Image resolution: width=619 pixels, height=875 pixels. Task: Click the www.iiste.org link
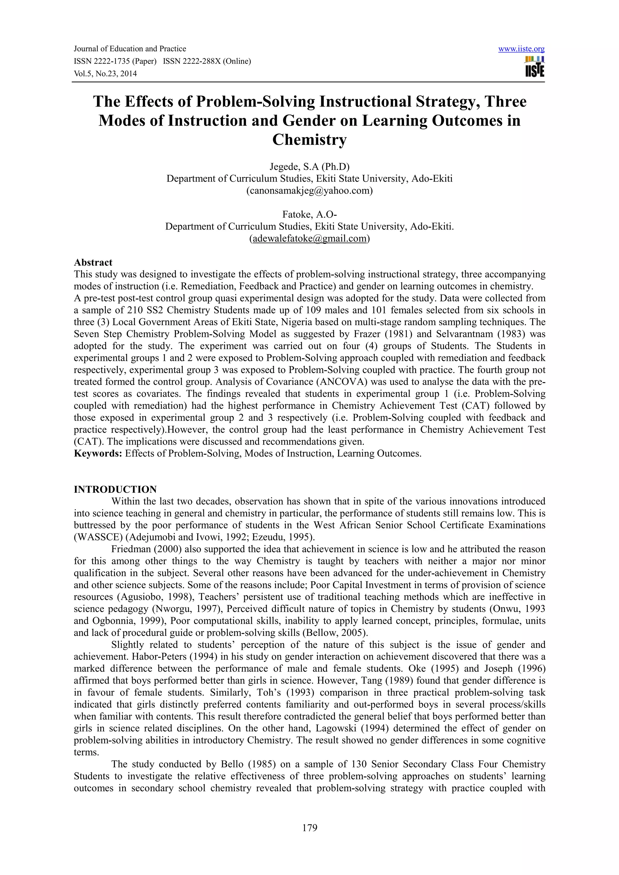tap(521, 49)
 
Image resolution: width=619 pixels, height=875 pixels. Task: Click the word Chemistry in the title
tap(309, 139)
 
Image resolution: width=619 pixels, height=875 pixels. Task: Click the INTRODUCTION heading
tap(115, 489)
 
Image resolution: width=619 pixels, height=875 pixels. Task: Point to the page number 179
tap(309, 827)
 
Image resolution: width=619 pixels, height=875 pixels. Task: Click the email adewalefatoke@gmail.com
tap(309, 239)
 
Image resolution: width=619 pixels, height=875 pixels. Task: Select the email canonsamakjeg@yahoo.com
tap(309, 191)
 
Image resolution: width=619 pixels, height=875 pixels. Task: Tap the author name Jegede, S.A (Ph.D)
tap(309, 167)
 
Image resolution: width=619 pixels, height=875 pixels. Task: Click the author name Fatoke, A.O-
tap(309, 215)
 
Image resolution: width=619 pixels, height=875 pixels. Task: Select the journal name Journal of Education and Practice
tap(130, 49)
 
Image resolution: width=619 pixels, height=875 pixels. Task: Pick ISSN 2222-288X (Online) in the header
tap(207, 61)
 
